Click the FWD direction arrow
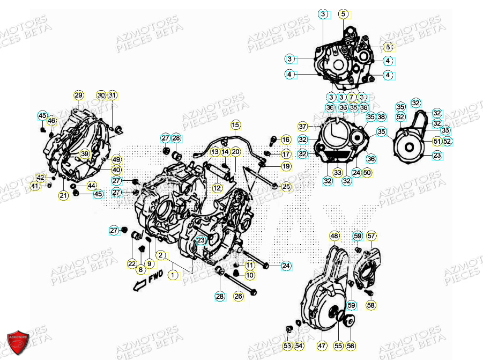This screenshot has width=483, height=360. (145, 281)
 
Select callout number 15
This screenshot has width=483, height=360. (236, 126)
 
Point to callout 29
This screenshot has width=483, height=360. (79, 95)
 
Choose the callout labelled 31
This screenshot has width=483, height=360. (112, 95)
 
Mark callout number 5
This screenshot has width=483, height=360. (343, 14)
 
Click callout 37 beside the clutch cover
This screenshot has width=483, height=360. (303, 127)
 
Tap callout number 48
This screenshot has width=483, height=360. (335, 236)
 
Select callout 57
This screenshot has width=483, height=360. (371, 236)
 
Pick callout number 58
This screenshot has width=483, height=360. (371, 305)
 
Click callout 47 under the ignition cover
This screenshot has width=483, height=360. (322, 346)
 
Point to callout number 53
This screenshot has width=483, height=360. (287, 346)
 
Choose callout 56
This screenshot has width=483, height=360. (351, 346)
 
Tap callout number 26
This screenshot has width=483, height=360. (239, 296)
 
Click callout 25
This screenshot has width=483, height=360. (286, 187)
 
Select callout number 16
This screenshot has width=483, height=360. (286, 140)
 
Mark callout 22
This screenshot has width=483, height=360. (132, 263)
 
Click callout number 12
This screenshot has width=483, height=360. (217, 188)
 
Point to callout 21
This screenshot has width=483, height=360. (64, 196)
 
